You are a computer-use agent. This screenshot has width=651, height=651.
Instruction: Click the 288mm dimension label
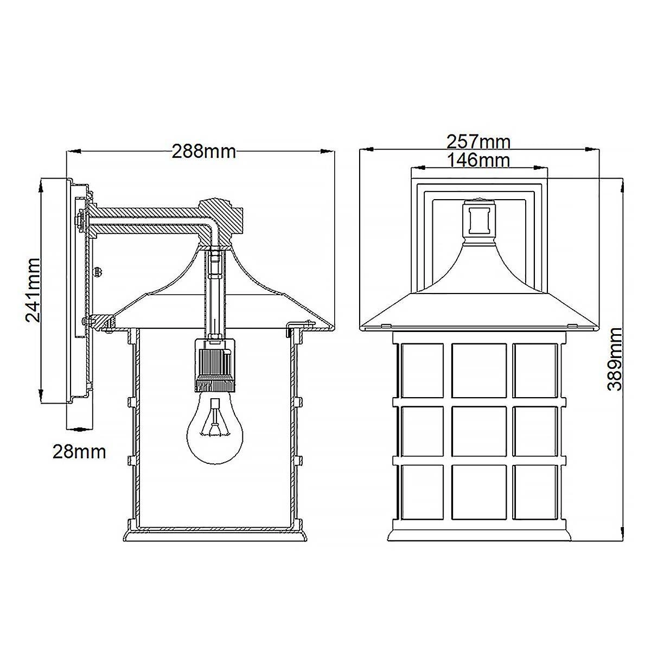pos(204,151)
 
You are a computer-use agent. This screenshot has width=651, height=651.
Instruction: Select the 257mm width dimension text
pos(478,142)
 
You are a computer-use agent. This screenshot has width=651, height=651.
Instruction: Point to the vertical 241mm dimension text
pos(34,290)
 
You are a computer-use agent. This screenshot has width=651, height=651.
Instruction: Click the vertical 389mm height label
pos(614,359)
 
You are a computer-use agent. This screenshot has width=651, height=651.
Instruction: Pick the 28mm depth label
pos(79,452)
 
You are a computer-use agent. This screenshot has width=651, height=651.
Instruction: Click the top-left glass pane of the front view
pos(422,371)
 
